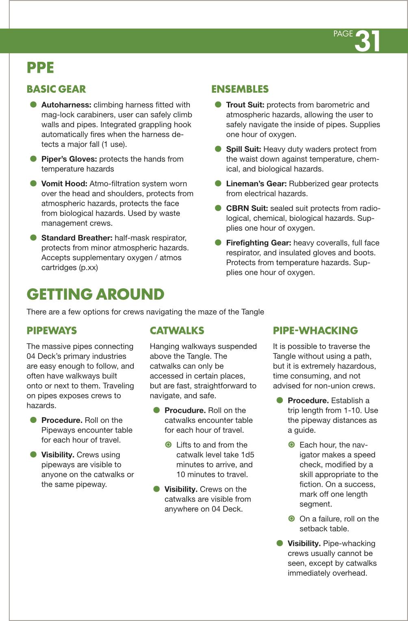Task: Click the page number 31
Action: click(x=367, y=41)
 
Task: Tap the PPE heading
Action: click(x=40, y=68)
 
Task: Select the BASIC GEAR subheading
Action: click(x=56, y=89)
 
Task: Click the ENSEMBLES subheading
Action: click(x=240, y=89)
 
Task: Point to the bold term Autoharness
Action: click(x=66, y=105)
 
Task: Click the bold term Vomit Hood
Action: click(x=64, y=184)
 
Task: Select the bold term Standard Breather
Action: click(x=77, y=238)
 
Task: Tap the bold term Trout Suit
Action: click(x=245, y=105)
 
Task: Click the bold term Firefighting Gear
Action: click(x=258, y=243)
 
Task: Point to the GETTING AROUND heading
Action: click(x=95, y=294)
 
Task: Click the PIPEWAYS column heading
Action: click(x=52, y=330)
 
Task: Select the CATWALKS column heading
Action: click(x=177, y=330)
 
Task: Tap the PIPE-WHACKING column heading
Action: click(x=315, y=330)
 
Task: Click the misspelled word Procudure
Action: click(x=185, y=410)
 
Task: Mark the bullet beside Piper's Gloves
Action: click(x=33, y=159)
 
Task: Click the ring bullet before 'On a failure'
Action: click(x=291, y=519)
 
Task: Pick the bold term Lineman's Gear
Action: click(x=256, y=184)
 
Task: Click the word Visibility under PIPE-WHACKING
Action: click(x=304, y=543)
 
